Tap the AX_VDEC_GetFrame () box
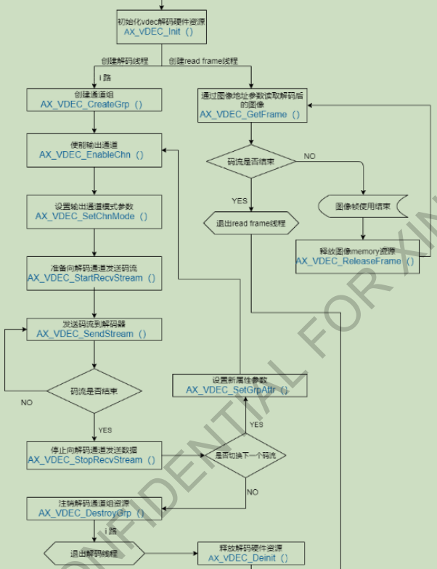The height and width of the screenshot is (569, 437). click(x=250, y=105)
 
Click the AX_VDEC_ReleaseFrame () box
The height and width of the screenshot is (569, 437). click(x=359, y=256)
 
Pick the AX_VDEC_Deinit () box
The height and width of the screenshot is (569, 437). click(x=248, y=553)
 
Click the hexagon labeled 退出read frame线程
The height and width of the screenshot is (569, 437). click(x=250, y=224)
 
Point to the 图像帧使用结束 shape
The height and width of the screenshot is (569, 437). click(x=363, y=207)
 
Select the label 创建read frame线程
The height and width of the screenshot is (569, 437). click(x=203, y=60)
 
